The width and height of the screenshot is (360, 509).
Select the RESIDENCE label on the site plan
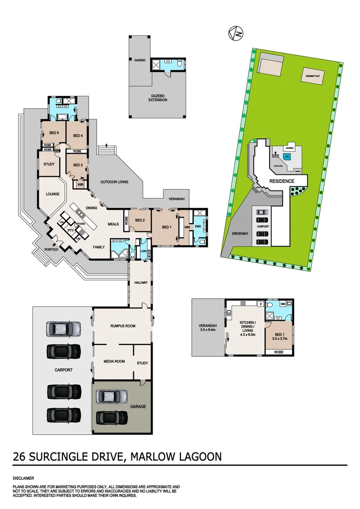[x=282, y=181]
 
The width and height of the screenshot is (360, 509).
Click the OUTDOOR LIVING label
[x=114, y=182]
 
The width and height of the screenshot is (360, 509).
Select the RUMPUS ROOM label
[x=123, y=326]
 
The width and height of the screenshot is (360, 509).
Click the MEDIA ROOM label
[x=114, y=361]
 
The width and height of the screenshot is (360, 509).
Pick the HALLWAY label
[x=141, y=283]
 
